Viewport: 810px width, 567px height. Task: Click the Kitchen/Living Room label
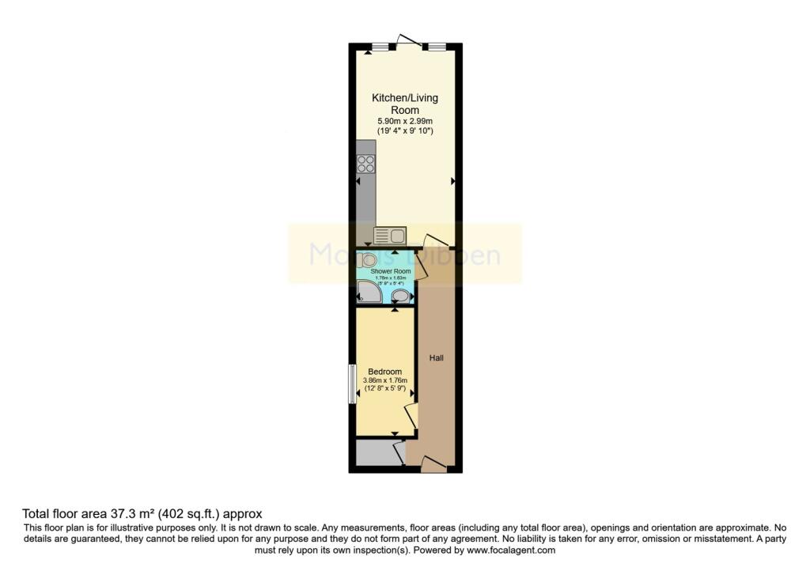point(405,104)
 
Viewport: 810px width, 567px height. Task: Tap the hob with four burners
point(366,164)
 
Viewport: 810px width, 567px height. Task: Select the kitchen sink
point(389,234)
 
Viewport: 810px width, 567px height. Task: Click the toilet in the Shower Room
point(368,259)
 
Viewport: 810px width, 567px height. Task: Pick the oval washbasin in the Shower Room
point(401,296)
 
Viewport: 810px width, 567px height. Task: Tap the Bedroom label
point(385,372)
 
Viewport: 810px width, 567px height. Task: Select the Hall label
point(436,358)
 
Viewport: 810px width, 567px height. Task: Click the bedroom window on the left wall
point(353,384)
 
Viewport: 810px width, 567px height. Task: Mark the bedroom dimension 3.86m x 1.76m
point(384,380)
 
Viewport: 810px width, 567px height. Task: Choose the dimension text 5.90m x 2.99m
point(405,121)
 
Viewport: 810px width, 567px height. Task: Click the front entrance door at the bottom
point(433,465)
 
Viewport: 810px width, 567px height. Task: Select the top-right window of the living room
point(434,47)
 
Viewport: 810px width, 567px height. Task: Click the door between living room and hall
point(435,240)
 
